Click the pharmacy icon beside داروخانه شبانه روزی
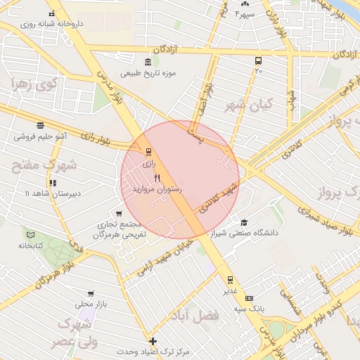click(51, 14)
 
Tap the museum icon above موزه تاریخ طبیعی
click(146, 62)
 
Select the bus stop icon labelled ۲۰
click(258, 60)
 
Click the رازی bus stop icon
click(148, 151)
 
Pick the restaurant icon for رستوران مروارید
click(157, 179)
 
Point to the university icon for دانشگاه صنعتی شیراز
click(244, 222)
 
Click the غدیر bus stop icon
click(230, 280)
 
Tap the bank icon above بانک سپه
click(248, 298)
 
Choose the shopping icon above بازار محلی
click(90, 294)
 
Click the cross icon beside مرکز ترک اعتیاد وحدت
click(153, 341)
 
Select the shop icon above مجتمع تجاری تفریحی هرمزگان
click(119, 213)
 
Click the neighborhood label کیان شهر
click(243, 105)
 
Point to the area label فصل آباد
click(200, 316)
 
